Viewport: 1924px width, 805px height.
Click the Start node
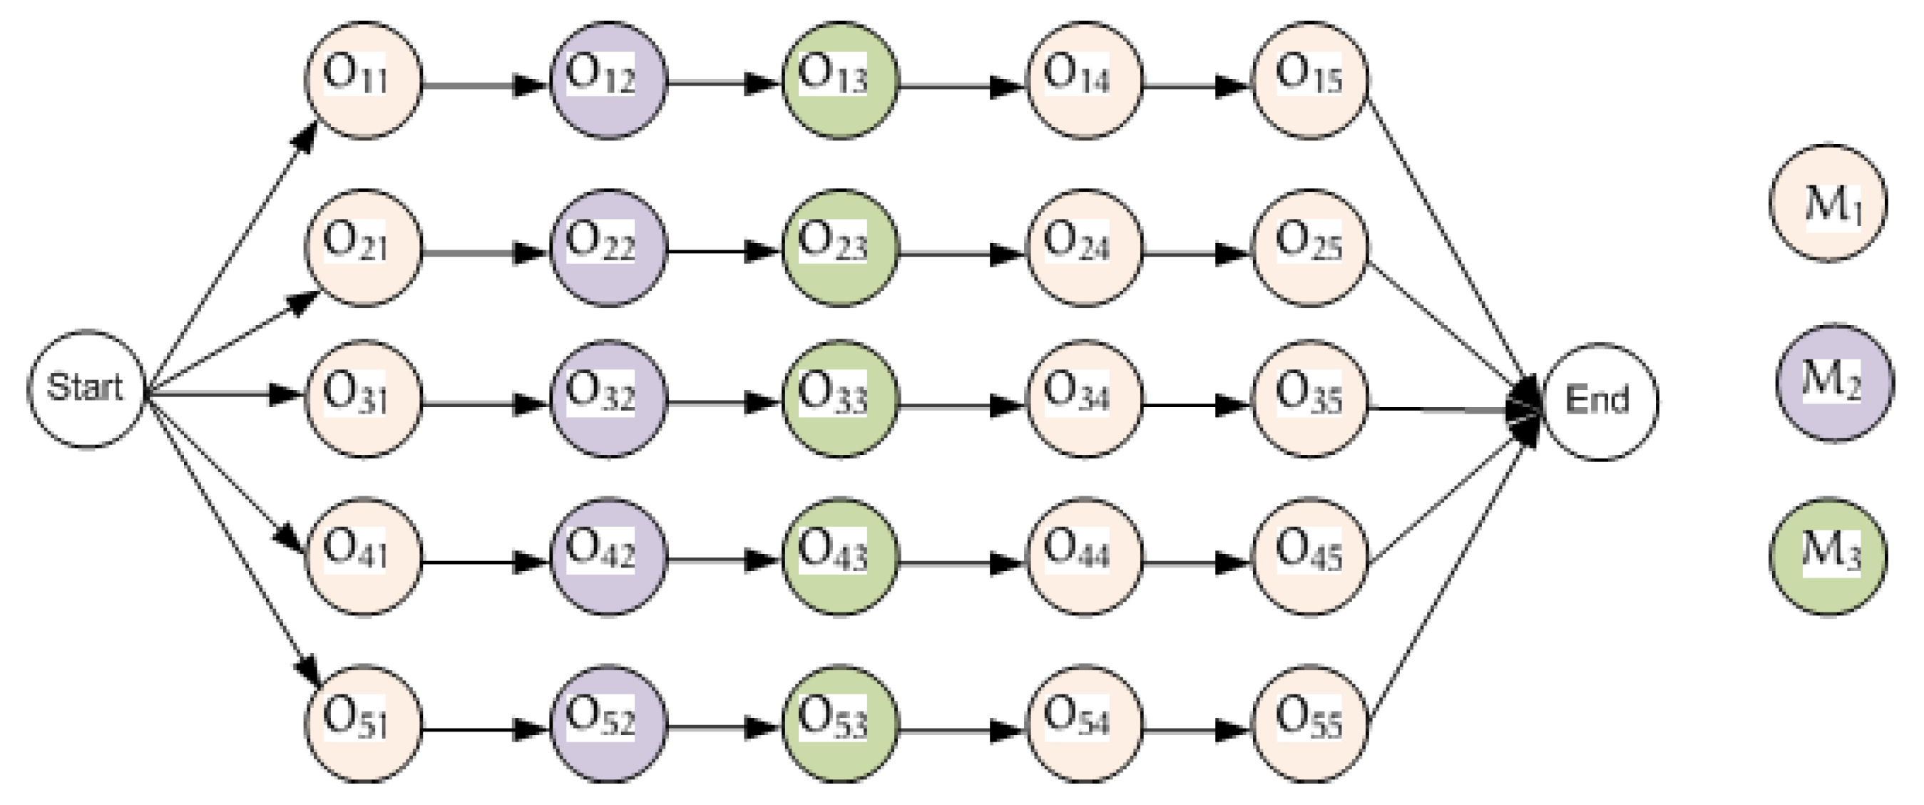pos(85,389)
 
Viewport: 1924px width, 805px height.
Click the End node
pos(1599,401)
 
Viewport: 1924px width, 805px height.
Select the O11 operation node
pos(364,80)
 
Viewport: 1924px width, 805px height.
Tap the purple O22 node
pos(608,248)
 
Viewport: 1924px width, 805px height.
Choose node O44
pos(1085,556)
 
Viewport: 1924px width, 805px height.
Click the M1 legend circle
pos(1828,203)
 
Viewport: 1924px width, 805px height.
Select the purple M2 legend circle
pos(1834,382)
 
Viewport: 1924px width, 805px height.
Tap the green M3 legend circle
pos(1828,556)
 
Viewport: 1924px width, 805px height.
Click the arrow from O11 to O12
pos(486,84)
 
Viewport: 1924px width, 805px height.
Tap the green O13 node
pos(839,80)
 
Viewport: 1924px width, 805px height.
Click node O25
pos(1309,248)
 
